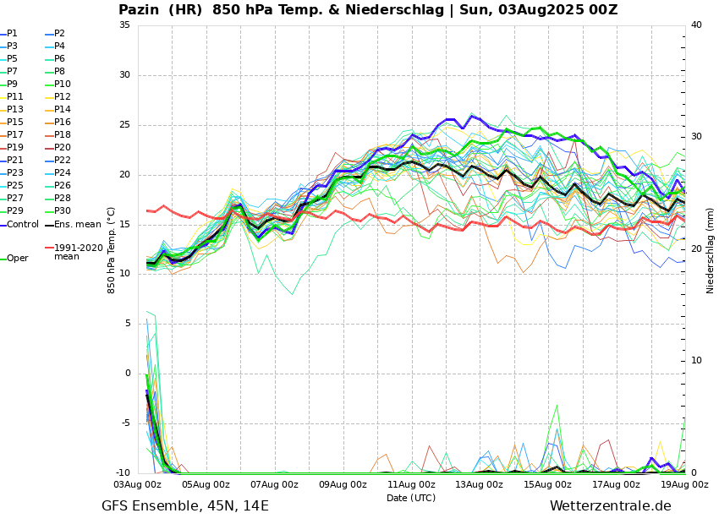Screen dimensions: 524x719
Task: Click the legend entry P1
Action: click(x=12, y=34)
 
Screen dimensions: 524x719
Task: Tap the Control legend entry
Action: click(x=22, y=225)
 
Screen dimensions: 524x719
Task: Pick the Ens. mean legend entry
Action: click(x=77, y=225)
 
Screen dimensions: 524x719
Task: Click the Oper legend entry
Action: click(x=17, y=259)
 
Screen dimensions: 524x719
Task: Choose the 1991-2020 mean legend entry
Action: click(x=78, y=252)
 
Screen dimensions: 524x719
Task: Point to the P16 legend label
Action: click(x=63, y=123)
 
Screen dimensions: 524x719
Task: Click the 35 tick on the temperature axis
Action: click(x=124, y=25)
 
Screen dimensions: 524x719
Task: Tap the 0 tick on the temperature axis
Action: click(x=128, y=374)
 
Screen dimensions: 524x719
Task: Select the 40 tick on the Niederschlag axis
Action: click(x=696, y=25)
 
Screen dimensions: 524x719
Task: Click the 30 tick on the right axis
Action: click(x=696, y=137)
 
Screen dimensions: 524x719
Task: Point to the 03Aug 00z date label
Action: click(x=137, y=485)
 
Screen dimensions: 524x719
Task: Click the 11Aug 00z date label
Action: click(x=411, y=485)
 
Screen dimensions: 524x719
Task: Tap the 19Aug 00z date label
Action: click(x=684, y=485)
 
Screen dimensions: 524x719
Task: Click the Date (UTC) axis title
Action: click(x=411, y=498)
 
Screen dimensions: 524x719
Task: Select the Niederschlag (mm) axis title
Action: click(x=711, y=250)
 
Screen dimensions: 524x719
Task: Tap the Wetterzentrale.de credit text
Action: click(x=610, y=506)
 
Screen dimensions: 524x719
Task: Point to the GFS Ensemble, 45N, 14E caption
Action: click(x=185, y=506)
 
